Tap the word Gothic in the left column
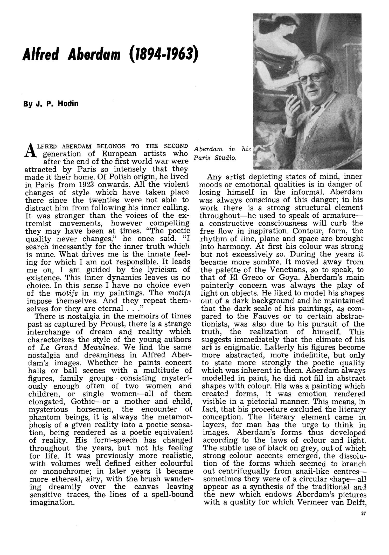pyautogui.click(x=85, y=402)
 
